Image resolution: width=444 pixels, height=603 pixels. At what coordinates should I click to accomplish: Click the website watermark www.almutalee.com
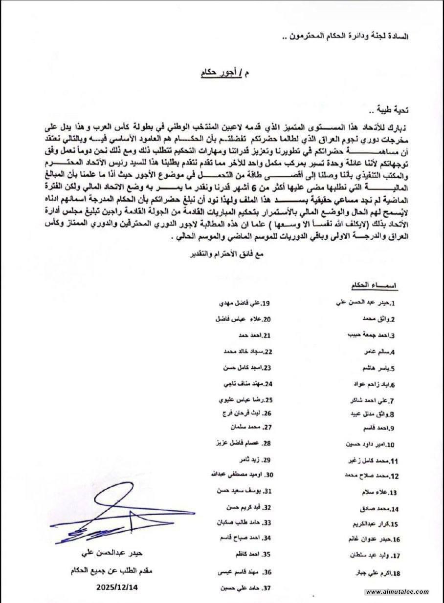(x=397, y=592)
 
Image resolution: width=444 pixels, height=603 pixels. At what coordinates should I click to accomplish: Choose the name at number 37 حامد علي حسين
(x=240, y=588)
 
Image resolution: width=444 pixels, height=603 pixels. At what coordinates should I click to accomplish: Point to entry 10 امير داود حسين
(x=370, y=445)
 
